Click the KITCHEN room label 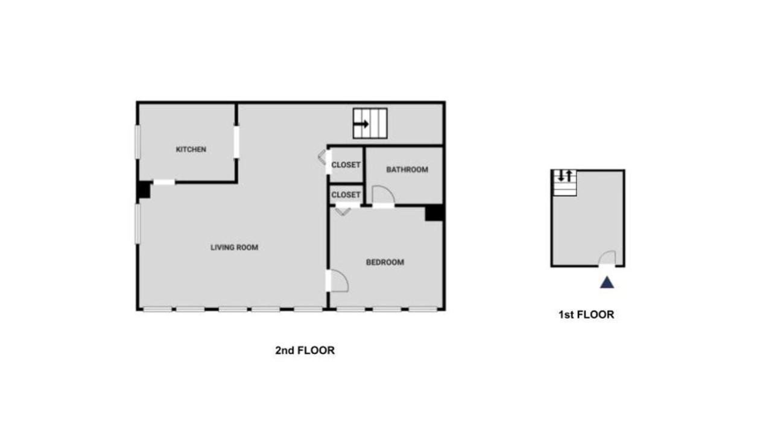pyautogui.click(x=191, y=149)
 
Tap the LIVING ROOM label pyautogui.click(x=234, y=247)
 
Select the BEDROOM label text pyautogui.click(x=385, y=262)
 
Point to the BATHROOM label pyautogui.click(x=407, y=170)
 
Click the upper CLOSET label pyautogui.click(x=346, y=165)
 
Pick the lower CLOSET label pyautogui.click(x=346, y=195)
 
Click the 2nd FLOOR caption pyautogui.click(x=305, y=350)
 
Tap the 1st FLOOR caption pyautogui.click(x=586, y=315)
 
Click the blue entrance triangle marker pyautogui.click(x=607, y=282)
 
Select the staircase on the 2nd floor pyautogui.click(x=370, y=124)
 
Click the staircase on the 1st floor pyautogui.click(x=565, y=183)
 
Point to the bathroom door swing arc pyautogui.click(x=383, y=195)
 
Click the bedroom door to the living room pyautogui.click(x=338, y=280)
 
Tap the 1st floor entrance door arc pyautogui.click(x=607, y=257)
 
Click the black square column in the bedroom pyautogui.click(x=434, y=213)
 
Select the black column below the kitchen pyautogui.click(x=144, y=190)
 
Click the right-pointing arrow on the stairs pyautogui.click(x=361, y=124)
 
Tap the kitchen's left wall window pyautogui.click(x=137, y=142)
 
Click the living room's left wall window pyautogui.click(x=137, y=224)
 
